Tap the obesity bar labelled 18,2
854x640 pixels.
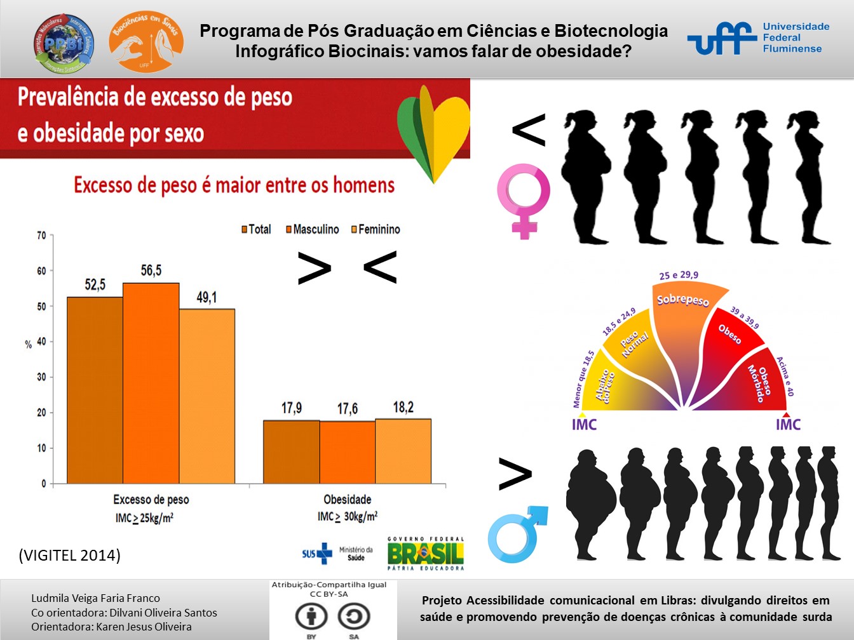[x=403, y=451]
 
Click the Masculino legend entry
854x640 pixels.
[x=312, y=229]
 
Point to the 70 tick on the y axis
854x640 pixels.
[x=41, y=236]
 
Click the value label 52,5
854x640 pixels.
[x=95, y=284]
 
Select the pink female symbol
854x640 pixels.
[x=524, y=201]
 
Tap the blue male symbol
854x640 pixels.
[x=517, y=535]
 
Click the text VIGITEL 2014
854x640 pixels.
[x=70, y=555]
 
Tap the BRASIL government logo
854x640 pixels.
[x=426, y=554]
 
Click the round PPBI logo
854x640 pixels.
[x=64, y=43]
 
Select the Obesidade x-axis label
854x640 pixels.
[x=347, y=500]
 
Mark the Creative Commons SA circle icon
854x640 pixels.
[x=353, y=616]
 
